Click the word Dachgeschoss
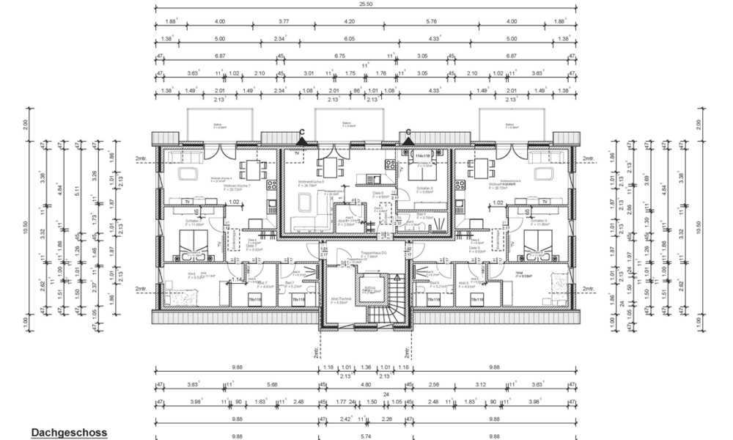pyautogui.click(x=69, y=433)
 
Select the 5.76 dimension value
pyautogui.click(x=431, y=22)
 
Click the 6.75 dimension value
pyautogui.click(x=339, y=56)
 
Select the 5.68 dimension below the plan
pyautogui.click(x=272, y=384)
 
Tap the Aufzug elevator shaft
pyautogui.click(x=372, y=288)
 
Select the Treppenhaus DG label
pyautogui.click(x=355, y=258)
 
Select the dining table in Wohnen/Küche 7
pyautogui.click(x=254, y=168)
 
